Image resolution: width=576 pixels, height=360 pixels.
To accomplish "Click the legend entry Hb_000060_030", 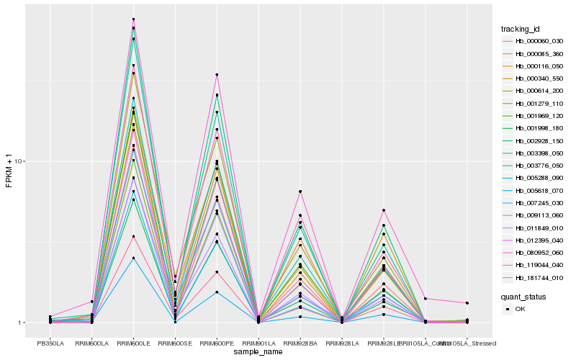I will [536, 41].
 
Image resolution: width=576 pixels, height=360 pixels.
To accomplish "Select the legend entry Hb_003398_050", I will [536, 153].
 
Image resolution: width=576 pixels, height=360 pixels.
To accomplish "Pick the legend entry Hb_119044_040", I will [536, 265].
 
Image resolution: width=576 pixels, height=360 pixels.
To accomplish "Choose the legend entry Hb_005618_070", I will [536, 191].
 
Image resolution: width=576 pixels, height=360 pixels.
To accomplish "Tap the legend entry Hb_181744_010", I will [536, 278].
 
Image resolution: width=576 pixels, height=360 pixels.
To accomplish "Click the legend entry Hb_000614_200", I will [536, 91].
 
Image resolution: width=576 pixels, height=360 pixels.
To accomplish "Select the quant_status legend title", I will [523, 296].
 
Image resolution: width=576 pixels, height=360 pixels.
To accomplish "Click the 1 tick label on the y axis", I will [22, 323].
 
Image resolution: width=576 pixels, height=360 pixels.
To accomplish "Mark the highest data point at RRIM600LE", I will [134, 19].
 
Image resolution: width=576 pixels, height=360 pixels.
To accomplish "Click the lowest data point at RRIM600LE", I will [134, 258].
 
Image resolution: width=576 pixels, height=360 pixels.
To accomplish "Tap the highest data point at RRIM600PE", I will [217, 75].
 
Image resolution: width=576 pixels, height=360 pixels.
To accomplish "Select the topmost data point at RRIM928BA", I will [300, 192].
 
